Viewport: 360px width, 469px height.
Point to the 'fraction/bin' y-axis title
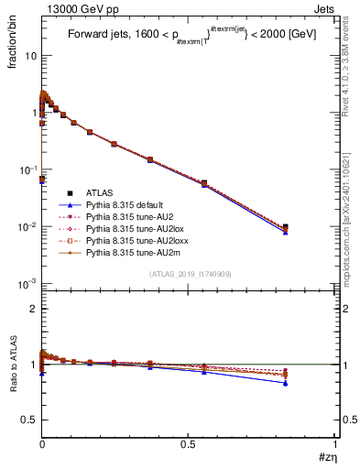click(15, 37)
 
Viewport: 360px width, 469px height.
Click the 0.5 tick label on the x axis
click(189, 443)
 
